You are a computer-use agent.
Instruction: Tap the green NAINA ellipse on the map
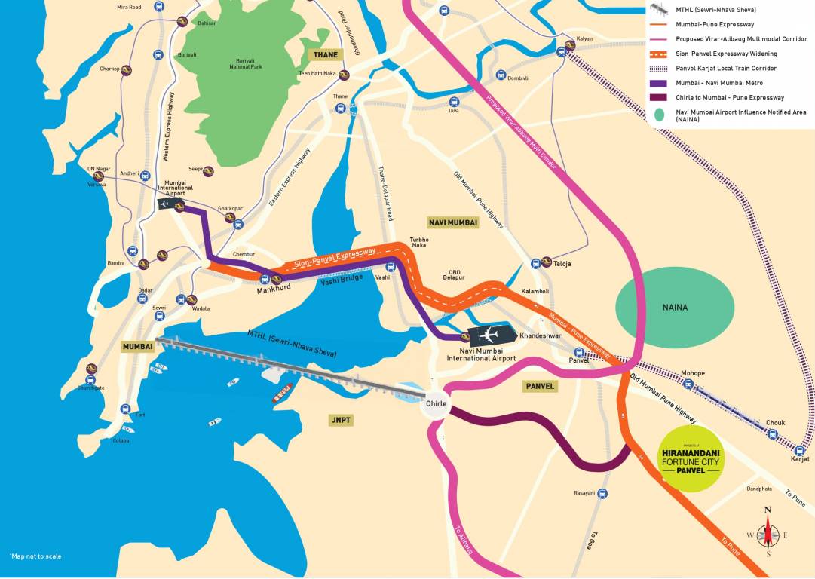click(x=675, y=307)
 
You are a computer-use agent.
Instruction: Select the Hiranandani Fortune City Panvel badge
click(x=690, y=459)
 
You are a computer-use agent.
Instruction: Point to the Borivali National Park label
click(x=246, y=63)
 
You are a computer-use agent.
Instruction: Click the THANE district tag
click(x=325, y=54)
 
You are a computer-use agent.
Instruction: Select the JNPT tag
click(x=341, y=420)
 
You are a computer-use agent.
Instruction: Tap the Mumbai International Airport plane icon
click(x=165, y=204)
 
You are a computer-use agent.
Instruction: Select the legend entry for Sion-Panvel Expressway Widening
click(x=727, y=54)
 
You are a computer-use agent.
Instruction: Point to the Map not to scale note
click(x=35, y=556)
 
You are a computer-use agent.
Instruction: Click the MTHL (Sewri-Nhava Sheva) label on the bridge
click(x=293, y=343)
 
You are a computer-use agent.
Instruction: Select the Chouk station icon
click(x=772, y=433)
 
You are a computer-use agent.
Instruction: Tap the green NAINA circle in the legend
click(x=660, y=115)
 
